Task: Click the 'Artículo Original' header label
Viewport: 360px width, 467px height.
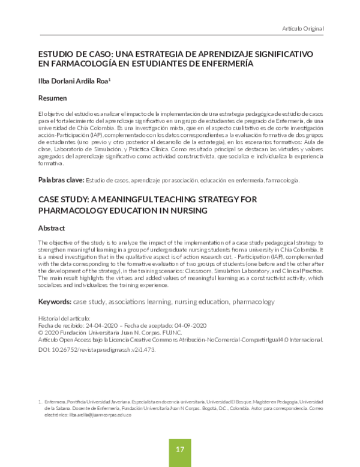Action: point(303,28)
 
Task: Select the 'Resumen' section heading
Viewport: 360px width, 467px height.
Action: point(52,97)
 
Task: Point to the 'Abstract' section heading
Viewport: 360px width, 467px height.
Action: point(52,228)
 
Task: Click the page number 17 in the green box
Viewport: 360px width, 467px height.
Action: point(179,449)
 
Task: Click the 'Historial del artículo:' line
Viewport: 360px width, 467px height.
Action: point(66,317)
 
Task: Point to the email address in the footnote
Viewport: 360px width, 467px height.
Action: point(97,414)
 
